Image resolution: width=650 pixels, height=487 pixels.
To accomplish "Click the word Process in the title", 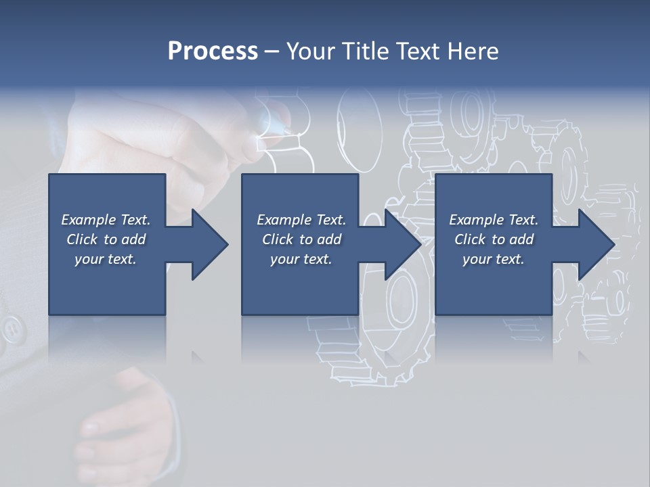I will click(x=213, y=51).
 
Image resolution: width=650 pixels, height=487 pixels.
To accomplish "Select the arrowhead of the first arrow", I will click(x=209, y=244).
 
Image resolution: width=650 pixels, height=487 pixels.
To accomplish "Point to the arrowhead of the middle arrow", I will click(x=403, y=244).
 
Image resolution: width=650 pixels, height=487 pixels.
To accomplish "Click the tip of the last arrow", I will click(x=613, y=244).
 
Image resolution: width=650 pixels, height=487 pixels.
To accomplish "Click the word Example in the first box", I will click(x=89, y=220).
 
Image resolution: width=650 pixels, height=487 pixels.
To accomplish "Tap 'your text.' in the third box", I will click(x=493, y=259).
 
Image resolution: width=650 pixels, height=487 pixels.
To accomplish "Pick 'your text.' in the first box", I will click(x=105, y=259).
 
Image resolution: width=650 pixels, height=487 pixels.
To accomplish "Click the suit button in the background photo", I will click(x=12, y=329).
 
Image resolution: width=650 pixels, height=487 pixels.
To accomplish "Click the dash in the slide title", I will click(x=272, y=51).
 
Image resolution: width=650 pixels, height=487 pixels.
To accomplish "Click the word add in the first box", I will click(x=133, y=239).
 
